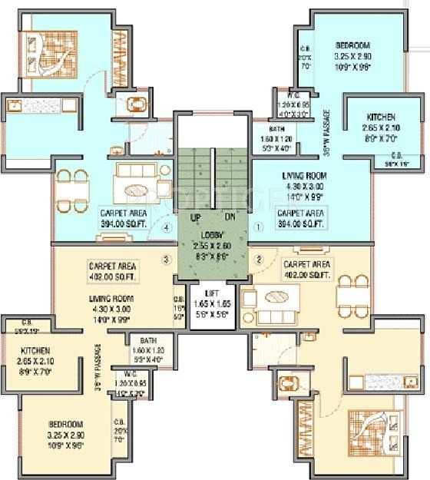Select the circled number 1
[x=259, y=227]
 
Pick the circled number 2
[x=259, y=259]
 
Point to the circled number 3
[x=164, y=259]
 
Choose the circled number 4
[x=166, y=227]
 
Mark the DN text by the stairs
[x=229, y=217]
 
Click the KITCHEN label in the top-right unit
[x=382, y=118]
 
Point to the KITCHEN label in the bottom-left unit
[x=35, y=351]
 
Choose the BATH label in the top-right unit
[x=278, y=129]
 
